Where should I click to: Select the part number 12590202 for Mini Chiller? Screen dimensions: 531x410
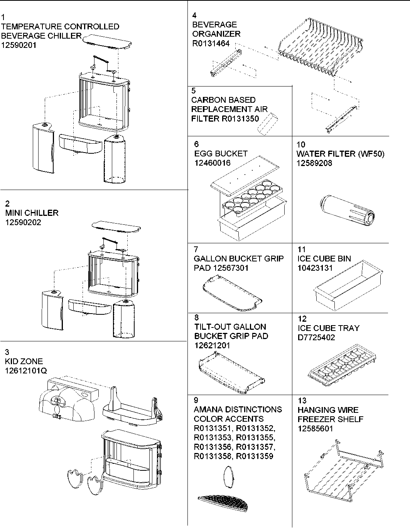(x=23, y=222)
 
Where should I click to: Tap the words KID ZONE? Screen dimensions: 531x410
(x=24, y=361)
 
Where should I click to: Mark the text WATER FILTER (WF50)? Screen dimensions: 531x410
(x=340, y=154)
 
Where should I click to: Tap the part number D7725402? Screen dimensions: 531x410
(x=317, y=338)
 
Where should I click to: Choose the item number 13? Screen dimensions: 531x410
(x=302, y=400)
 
